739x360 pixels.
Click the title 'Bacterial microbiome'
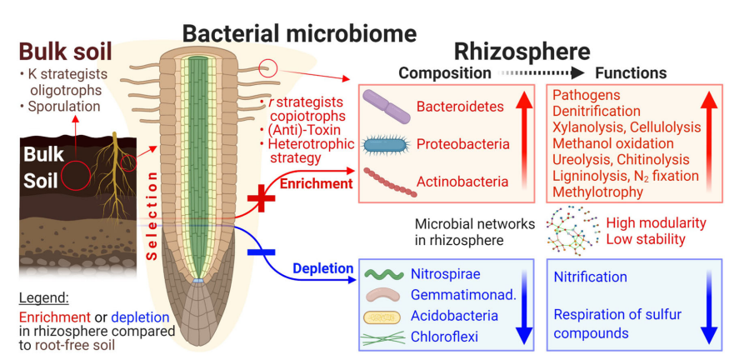click(300, 33)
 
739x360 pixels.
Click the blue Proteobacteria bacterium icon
click(387, 144)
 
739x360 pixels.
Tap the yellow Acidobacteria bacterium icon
click(384, 316)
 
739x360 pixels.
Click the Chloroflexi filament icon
click(384, 337)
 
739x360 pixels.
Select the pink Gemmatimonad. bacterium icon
click(384, 295)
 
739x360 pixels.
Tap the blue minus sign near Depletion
click(262, 250)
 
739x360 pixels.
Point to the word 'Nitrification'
click(590, 277)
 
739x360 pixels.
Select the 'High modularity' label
click(656, 223)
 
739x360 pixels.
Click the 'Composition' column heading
click(445, 73)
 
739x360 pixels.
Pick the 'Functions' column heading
click(631, 73)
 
